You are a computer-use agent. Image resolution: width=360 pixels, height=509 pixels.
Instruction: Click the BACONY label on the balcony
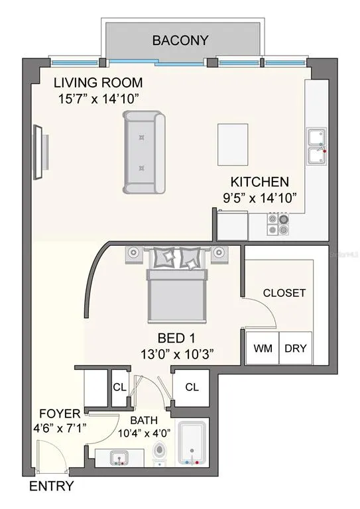[180, 40]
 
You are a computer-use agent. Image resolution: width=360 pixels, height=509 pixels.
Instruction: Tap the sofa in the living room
[144, 152]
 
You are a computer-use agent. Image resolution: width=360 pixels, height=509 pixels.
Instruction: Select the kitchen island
[233, 144]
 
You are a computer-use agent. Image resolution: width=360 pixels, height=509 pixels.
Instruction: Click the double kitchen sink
[316, 146]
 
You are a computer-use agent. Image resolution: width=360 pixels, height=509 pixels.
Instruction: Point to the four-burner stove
[278, 224]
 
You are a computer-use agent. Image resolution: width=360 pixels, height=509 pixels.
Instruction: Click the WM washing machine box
[263, 348]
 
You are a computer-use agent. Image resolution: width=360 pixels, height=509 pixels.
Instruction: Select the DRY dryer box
[296, 348]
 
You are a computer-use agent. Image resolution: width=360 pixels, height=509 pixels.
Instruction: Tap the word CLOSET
[284, 293]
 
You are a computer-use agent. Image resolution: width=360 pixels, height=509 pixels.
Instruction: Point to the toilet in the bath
[159, 453]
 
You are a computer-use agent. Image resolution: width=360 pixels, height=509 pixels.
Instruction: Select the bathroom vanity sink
[119, 459]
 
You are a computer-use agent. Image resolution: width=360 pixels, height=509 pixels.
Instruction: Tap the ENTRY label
[52, 486]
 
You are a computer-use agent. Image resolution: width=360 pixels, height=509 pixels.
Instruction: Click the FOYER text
[60, 414]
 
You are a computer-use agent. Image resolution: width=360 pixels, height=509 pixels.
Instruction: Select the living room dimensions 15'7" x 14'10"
[98, 99]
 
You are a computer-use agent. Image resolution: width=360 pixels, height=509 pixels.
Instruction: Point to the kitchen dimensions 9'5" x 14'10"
[260, 198]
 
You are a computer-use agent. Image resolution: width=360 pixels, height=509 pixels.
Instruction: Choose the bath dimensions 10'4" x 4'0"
[144, 433]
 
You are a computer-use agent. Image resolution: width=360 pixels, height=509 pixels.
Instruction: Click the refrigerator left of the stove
[233, 225]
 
